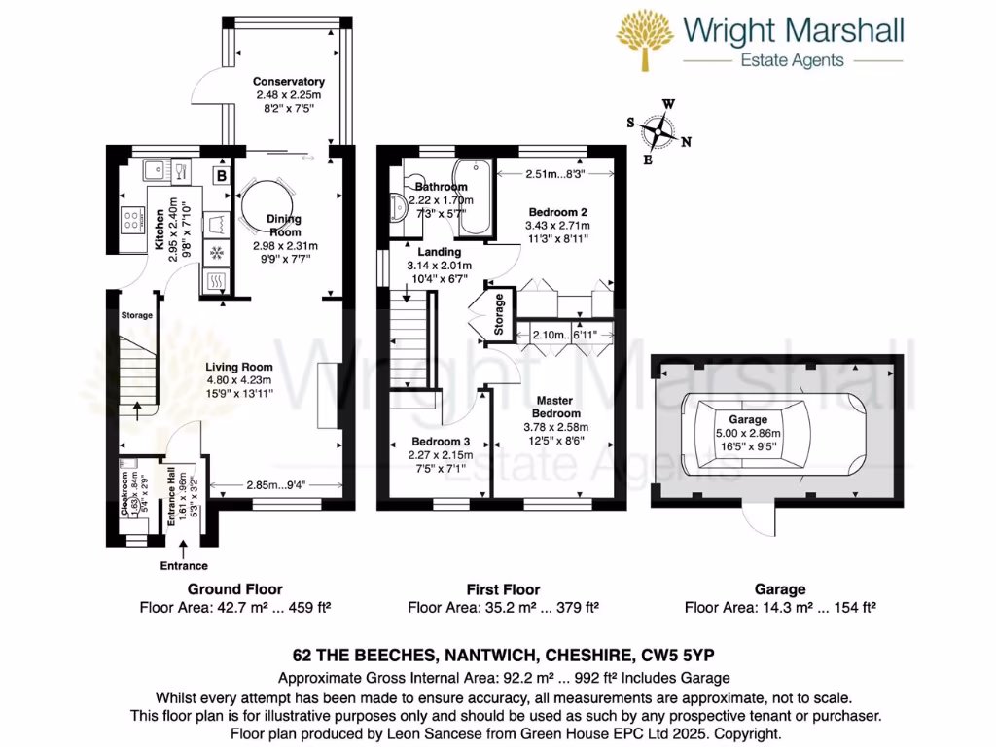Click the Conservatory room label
289,81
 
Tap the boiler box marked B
221,176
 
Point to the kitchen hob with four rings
131,220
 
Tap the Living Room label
238,367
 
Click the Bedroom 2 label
558,211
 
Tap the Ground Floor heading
234,588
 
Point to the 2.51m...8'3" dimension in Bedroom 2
555,174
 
